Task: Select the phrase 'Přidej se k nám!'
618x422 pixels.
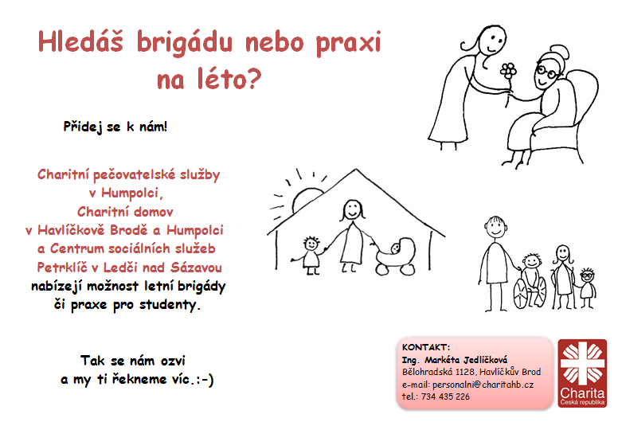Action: pyautogui.click(x=115, y=127)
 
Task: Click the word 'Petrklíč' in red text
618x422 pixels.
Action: pyautogui.click(x=62, y=268)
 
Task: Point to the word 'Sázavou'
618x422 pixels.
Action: pyautogui.click(x=196, y=268)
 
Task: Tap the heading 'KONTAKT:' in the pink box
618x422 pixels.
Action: pyautogui.click(x=426, y=347)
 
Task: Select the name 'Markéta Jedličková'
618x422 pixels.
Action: pyautogui.click(x=466, y=360)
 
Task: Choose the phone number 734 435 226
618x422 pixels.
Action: pyautogui.click(x=445, y=397)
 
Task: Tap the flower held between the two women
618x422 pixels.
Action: pyautogui.click(x=508, y=72)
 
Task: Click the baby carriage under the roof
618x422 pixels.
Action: pyautogui.click(x=396, y=256)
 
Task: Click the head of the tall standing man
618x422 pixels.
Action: pyautogui.click(x=495, y=227)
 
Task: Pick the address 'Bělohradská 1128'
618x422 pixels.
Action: pyautogui.click(x=439, y=372)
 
